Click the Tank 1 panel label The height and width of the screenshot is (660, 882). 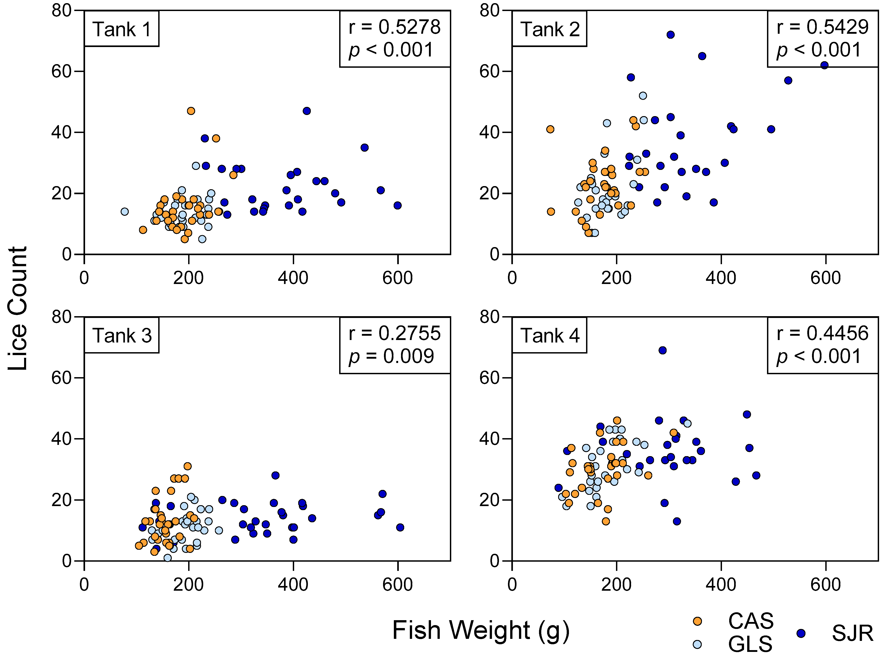(121, 29)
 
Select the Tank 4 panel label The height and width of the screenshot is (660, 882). (549, 335)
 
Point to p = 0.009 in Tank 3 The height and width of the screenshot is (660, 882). (391, 356)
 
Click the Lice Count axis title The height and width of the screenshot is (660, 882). (18, 308)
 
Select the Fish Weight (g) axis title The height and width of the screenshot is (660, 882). (480, 631)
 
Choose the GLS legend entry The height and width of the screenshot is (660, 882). (750, 644)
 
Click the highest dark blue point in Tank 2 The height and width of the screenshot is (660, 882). (671, 35)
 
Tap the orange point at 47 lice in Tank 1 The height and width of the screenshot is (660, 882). (191, 111)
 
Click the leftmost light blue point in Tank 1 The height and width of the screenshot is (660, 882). (125, 211)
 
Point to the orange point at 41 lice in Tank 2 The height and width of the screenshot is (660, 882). (550, 129)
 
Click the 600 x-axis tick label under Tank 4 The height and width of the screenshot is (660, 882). (825, 585)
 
